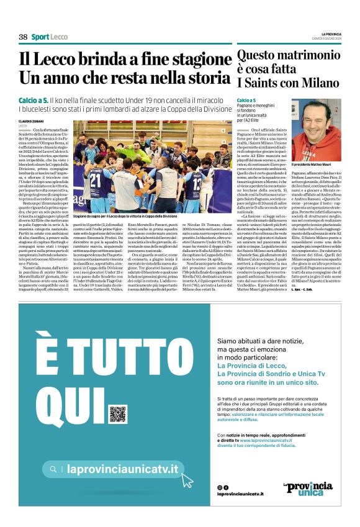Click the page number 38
pyautogui.click(x=23, y=37)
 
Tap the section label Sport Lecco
pyautogui.click(x=50, y=37)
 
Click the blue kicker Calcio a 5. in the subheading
pyautogui.click(x=34, y=100)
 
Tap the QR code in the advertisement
pyautogui.click(x=117, y=414)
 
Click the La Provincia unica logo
pyautogui.click(x=304, y=489)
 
